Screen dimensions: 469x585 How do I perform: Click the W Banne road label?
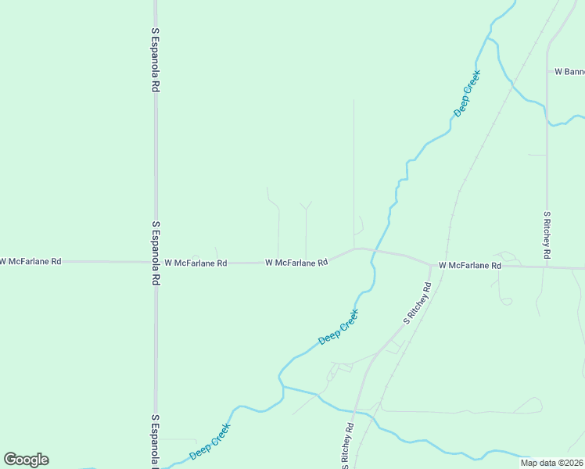[569, 71]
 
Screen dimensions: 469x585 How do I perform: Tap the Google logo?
[26, 460]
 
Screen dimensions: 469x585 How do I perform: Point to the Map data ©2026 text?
[551, 463]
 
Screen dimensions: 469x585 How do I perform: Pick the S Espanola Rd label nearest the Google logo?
[156, 442]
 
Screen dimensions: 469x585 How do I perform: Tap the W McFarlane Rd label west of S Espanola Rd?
[31, 261]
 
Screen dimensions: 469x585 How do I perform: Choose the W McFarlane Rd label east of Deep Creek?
[469, 266]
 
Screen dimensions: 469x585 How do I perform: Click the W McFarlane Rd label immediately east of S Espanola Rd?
[196, 263]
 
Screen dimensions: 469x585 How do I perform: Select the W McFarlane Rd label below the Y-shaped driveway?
[296, 263]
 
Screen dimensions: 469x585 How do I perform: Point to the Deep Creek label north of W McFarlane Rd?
[467, 94]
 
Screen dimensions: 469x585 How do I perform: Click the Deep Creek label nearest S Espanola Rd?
[210, 442]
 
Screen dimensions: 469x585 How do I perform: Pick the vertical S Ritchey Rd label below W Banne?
[547, 235]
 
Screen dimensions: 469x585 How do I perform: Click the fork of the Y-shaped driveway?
[306, 209]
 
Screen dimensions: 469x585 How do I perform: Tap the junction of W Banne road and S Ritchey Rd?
[547, 71]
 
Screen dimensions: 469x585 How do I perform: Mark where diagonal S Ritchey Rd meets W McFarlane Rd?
[430, 264]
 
